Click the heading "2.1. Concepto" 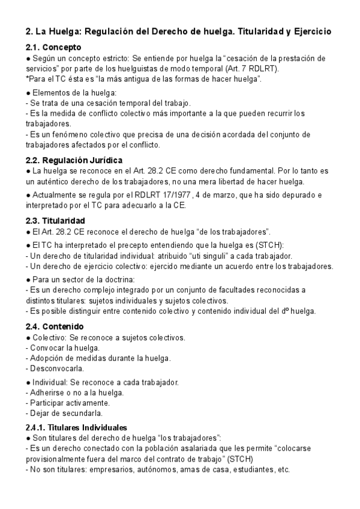[x=54, y=47]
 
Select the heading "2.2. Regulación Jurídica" [x=74, y=160]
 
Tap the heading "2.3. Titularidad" [x=55, y=220]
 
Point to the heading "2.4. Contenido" [x=55, y=327]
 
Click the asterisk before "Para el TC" [x=28, y=79]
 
